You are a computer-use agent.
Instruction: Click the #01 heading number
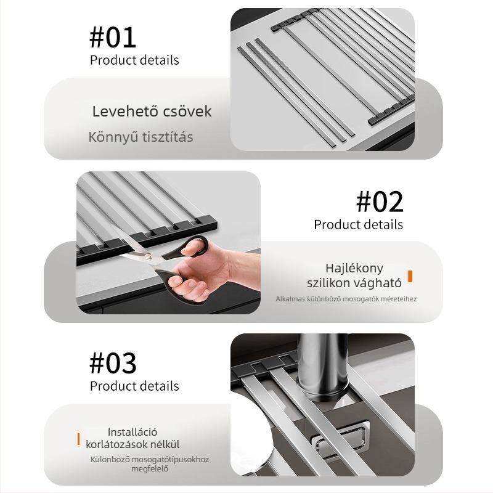pos(113,38)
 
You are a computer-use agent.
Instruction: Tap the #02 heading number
pos(380,202)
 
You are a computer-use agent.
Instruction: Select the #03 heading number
pos(113,363)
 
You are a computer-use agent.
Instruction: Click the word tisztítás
pos(167,137)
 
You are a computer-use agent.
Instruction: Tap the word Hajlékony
pos(354,269)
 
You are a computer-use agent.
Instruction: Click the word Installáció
pos(132,432)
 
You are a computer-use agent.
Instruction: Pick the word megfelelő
pos(150,469)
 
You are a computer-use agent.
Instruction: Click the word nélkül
pos(165,444)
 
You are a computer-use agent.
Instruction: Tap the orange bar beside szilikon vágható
pos(410,276)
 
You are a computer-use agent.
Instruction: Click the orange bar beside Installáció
pos(79,439)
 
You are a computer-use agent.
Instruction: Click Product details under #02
pos(358,225)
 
